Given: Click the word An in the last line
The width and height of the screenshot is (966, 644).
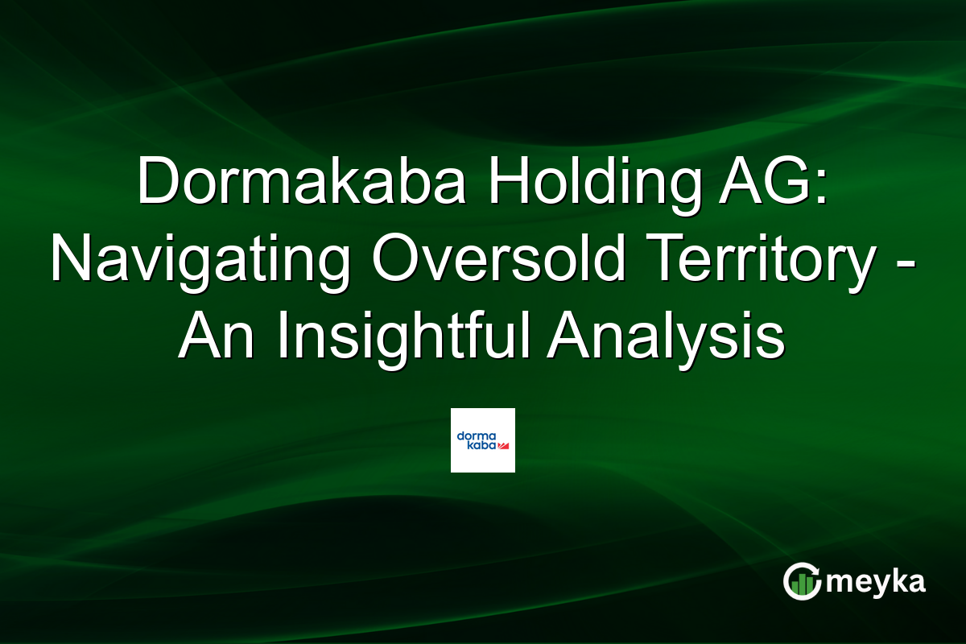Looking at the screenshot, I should click(217, 337).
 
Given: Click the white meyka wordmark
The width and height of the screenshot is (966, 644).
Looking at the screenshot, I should click(879, 582).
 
